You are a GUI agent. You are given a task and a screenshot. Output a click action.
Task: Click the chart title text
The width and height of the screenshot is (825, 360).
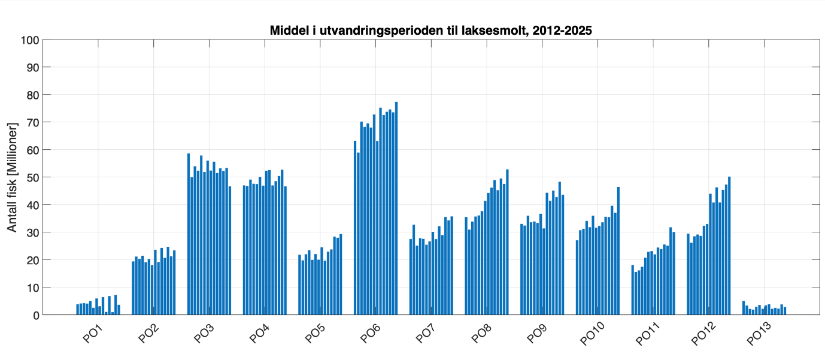[x=430, y=30]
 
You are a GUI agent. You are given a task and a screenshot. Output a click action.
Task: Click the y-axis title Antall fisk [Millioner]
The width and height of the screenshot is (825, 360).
[x=12, y=177]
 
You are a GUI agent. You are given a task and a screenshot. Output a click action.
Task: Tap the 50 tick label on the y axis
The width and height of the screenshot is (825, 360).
[x=31, y=177]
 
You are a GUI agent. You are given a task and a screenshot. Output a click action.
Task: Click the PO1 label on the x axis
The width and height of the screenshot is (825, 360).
[x=92, y=333]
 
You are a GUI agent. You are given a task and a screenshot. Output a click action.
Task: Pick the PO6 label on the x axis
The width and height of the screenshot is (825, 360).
[x=369, y=333]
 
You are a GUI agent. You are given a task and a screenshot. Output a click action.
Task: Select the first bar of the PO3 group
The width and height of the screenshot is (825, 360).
[x=189, y=234]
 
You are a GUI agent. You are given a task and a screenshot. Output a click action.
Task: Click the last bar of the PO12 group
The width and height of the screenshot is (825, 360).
[x=729, y=246]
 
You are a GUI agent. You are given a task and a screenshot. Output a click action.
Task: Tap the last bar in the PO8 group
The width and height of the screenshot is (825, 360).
[x=507, y=242]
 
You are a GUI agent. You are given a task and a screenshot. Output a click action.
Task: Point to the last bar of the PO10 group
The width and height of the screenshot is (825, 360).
[x=618, y=251]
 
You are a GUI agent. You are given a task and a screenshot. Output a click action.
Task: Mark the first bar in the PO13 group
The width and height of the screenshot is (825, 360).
[x=744, y=308]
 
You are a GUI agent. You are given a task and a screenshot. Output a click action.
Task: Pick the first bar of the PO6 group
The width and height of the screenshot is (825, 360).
[x=355, y=228]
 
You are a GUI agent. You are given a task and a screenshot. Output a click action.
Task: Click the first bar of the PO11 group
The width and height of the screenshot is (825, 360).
[x=633, y=290]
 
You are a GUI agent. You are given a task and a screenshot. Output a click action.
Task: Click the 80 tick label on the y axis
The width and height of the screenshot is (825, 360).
[x=31, y=95]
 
